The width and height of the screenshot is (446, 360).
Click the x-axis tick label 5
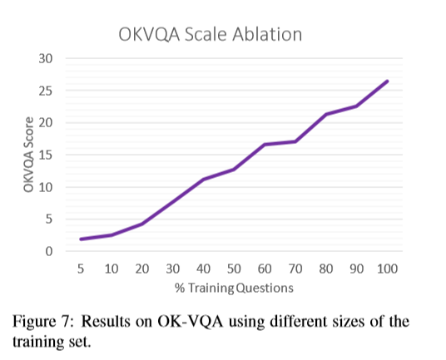(x=82, y=269)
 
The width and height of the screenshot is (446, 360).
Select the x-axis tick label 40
(x=204, y=269)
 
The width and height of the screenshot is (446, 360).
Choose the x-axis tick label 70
(x=295, y=269)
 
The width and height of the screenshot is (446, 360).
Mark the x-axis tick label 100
(x=387, y=269)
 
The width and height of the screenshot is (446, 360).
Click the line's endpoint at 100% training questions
(x=387, y=81)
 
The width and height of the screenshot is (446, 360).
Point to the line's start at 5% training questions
(x=82, y=239)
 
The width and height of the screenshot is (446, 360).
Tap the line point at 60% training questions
(x=265, y=145)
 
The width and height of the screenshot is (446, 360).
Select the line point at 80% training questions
(x=326, y=114)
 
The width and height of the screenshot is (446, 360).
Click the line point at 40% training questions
(x=204, y=180)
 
